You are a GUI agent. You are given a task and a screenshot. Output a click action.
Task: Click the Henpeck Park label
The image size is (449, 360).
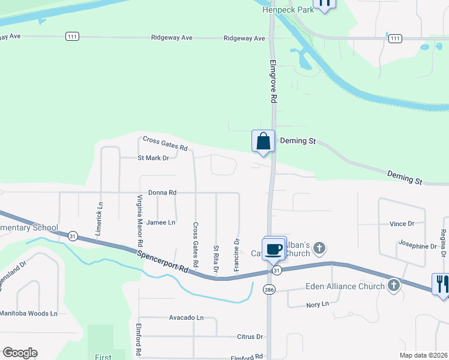pyautogui.click(x=288, y=10)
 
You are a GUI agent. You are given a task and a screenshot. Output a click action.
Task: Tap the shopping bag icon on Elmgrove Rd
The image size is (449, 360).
pyautogui.click(x=263, y=142)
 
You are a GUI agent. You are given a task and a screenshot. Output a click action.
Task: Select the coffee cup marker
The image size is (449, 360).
pyautogui.click(x=274, y=248)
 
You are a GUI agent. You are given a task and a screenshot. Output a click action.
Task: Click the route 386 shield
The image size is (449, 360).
pyautogui.click(x=268, y=290)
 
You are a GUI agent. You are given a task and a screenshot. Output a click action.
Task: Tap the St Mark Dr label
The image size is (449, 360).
pyautogui.click(x=153, y=158)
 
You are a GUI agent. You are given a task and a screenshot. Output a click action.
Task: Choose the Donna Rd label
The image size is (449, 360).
pyautogui.click(x=163, y=193)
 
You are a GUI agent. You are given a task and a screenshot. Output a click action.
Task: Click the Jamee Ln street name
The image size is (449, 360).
pyautogui.click(x=161, y=222)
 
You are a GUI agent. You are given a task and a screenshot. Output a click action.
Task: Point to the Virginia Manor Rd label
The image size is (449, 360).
pyautogui.click(x=140, y=221)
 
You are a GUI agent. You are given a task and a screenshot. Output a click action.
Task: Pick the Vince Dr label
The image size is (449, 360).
pyautogui.click(x=402, y=224)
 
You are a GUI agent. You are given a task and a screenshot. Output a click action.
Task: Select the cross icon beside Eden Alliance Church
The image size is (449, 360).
pyautogui.click(x=394, y=286)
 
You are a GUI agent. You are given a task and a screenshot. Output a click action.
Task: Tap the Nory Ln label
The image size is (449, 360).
pyautogui.click(x=318, y=304)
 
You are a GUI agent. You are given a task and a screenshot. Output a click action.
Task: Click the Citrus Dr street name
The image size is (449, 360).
pyautogui.click(x=251, y=337)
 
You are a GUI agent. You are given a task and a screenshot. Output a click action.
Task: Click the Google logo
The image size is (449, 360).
pyautogui.click(x=20, y=353)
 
